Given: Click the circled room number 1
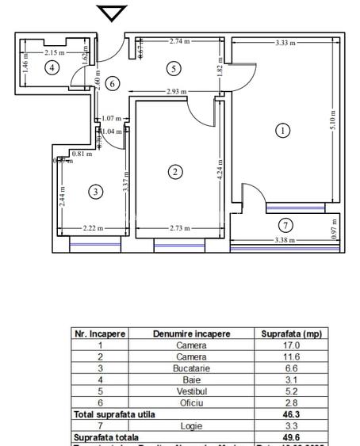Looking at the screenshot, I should point(282,131).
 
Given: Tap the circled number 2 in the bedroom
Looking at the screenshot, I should point(176,171).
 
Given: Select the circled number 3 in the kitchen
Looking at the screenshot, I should point(96,192).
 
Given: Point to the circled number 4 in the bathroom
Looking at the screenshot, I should point(52,67).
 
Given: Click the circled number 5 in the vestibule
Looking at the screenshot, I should point(174,69).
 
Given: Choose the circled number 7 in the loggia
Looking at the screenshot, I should point(285,224).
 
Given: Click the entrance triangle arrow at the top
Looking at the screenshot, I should point(112,13).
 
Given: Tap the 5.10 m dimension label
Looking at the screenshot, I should point(333,119).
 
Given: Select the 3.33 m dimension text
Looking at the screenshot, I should point(286,43).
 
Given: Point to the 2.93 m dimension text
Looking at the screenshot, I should point(177,92).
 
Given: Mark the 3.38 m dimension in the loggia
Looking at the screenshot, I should point(285,239).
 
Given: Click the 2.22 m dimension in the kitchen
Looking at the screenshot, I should point(94,228).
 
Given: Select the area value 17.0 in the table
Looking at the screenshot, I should point(291,345).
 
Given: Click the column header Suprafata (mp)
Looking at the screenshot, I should point(291,334).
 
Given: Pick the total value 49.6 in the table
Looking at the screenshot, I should point(291,437).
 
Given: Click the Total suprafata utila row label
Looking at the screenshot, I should point(114,414).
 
